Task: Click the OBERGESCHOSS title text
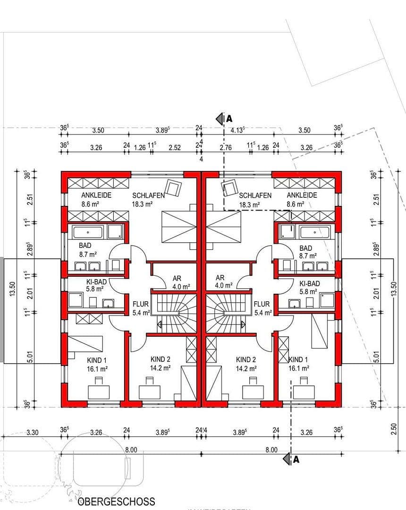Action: click(116, 501)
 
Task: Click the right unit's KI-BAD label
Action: click(310, 283)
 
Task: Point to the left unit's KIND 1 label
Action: click(97, 359)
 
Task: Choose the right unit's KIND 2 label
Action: click(246, 359)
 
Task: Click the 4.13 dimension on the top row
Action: click(237, 130)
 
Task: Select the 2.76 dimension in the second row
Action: click(226, 147)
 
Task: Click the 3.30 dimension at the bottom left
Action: click(33, 432)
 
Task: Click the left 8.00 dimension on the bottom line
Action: click(131, 450)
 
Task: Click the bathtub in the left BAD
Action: click(88, 232)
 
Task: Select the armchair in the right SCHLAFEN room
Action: click(230, 188)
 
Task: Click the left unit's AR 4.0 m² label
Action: click(178, 282)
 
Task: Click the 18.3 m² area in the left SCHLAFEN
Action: click(143, 204)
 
